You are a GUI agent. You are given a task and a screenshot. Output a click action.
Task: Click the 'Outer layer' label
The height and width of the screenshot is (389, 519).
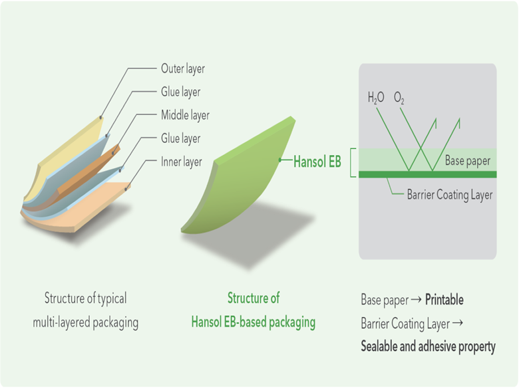coord(183,68)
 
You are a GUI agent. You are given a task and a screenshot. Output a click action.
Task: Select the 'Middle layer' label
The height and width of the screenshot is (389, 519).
coord(185,115)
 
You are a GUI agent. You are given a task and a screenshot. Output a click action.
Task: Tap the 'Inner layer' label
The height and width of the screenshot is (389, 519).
coord(181,162)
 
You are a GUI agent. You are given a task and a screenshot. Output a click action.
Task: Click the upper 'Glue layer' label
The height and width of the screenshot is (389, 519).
coord(180,92)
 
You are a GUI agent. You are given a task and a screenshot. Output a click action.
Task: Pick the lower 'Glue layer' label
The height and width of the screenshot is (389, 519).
coord(180,138)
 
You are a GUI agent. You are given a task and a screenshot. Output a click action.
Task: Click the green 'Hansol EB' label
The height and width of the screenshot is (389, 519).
coord(317,161)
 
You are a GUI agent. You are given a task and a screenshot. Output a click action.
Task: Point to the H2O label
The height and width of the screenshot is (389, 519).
coord(377,99)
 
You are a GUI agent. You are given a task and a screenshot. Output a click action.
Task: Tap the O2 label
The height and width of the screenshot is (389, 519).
coord(399,99)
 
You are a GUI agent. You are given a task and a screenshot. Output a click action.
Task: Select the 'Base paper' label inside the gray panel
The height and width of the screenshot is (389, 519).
coord(468,161)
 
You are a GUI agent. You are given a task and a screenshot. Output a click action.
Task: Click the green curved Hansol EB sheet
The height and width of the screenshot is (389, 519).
coord(233,180)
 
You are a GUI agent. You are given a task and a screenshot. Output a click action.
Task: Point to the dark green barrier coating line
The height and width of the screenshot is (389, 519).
coord(426,174)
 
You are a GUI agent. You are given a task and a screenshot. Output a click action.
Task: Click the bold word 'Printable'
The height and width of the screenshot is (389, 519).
coord(444,300)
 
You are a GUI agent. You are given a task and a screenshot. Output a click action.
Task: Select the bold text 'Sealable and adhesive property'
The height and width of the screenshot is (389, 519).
coord(428,346)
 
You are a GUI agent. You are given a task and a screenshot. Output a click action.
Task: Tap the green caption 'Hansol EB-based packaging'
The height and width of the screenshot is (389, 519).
coord(253,323)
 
